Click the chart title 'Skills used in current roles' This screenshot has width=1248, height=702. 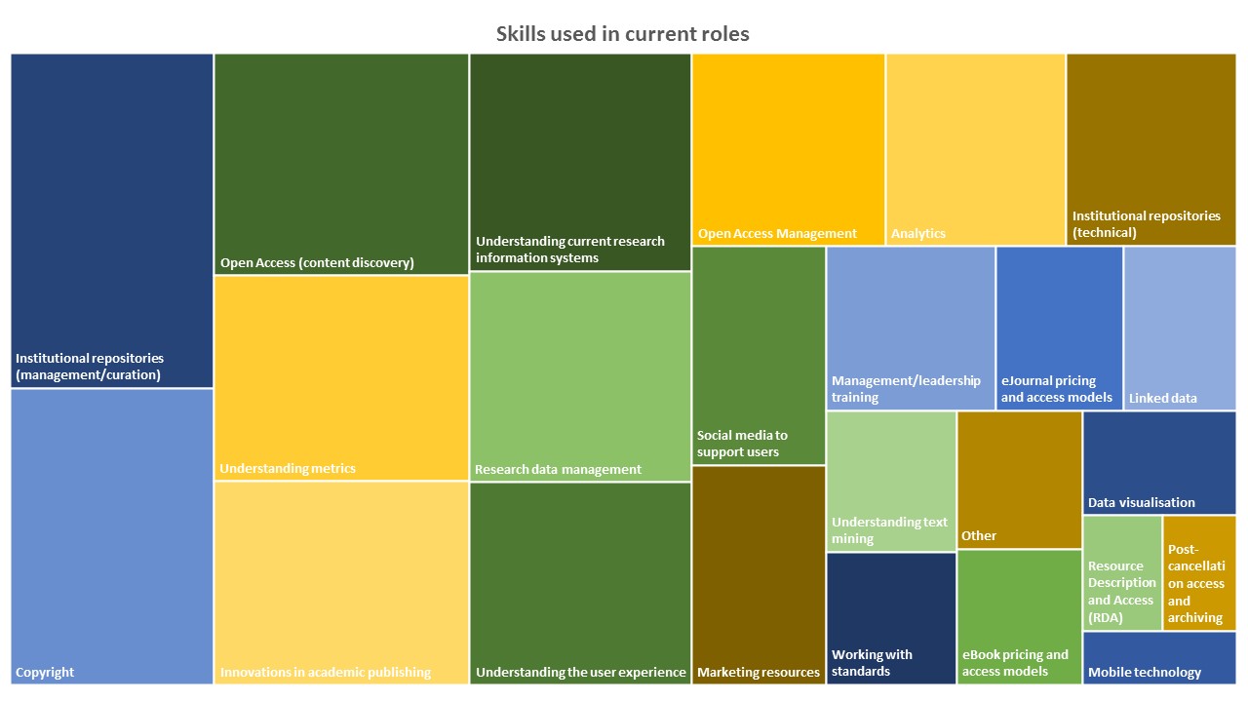coord(623,34)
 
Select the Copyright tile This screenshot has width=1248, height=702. coord(112,536)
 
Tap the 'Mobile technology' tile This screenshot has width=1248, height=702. coord(1159,658)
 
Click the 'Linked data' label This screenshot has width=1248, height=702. coord(1163,398)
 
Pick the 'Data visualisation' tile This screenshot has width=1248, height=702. coord(1159,462)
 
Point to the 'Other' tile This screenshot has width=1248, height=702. coord(1019,480)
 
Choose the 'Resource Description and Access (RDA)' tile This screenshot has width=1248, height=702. coord(1122,573)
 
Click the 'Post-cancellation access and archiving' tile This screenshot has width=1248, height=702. coord(1199,573)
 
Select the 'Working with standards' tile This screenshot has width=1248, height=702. coord(891,618)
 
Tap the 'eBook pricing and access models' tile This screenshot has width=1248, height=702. coord(1019,616)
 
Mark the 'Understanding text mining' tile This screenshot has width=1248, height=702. coord(891,481)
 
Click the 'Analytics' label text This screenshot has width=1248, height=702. coord(918,233)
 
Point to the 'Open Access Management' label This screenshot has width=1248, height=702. coord(777,233)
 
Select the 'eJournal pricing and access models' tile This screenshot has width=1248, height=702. coord(1059,328)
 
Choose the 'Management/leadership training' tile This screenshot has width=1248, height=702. coord(911,328)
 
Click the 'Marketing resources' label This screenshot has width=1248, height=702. coord(759,672)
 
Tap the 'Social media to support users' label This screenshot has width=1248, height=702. coord(742,444)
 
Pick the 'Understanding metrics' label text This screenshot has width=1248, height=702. coord(288,468)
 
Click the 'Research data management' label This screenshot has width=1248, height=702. coord(558,469)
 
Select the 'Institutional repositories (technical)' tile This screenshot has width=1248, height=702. coord(1151,149)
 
